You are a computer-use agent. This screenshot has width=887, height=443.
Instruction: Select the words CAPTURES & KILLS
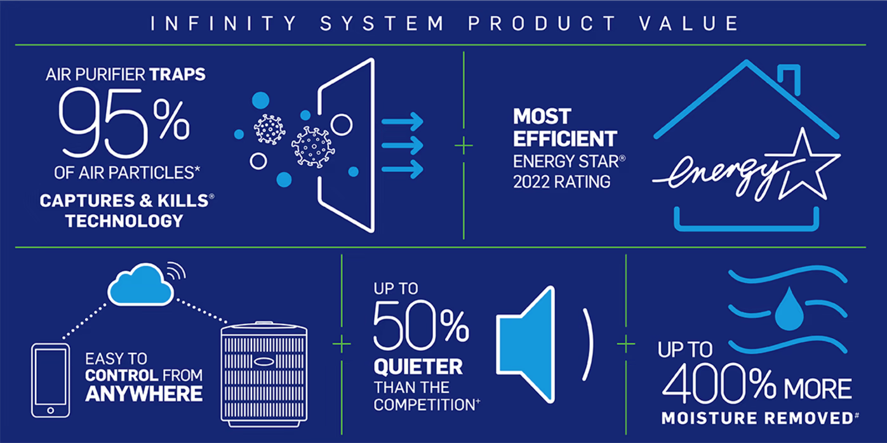click(124, 201)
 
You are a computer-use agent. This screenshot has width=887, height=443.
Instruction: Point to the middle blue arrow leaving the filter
click(402, 145)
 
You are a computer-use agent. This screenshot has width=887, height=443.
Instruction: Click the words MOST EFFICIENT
click(564, 128)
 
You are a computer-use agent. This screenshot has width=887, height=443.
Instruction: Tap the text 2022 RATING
click(561, 182)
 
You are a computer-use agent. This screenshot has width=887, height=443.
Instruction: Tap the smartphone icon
click(50, 380)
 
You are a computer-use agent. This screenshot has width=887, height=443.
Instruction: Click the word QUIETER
click(418, 367)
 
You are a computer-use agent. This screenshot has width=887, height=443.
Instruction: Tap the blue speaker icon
click(526, 344)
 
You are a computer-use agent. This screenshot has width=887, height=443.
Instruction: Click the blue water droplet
click(789, 308)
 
